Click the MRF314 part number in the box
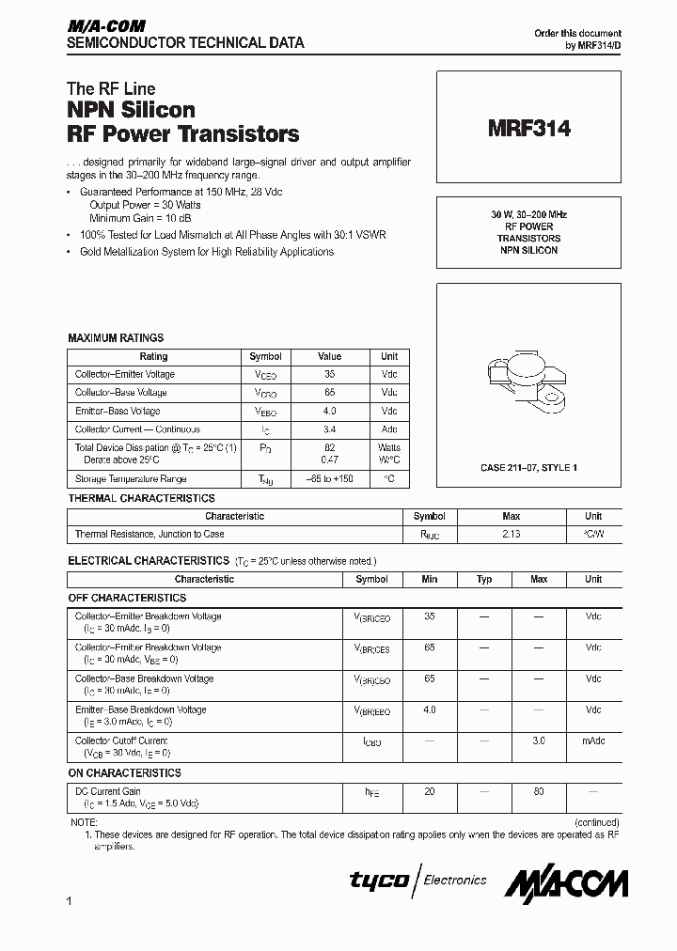point(528,130)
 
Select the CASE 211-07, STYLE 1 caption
point(527,467)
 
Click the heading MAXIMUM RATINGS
point(116,338)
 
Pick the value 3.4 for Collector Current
point(329,429)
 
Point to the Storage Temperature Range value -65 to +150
point(329,479)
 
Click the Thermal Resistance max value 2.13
point(511,534)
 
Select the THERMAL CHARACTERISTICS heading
point(141,499)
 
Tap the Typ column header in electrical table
point(484,580)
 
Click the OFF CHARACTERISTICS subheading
point(127,599)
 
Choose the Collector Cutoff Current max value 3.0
point(539,741)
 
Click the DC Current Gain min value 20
point(430,792)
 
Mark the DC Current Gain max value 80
point(539,792)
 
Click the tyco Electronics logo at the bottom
point(418,881)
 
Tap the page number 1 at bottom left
point(71,903)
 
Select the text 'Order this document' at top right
point(577,33)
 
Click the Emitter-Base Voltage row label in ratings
point(118,412)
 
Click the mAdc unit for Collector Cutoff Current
point(593,741)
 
